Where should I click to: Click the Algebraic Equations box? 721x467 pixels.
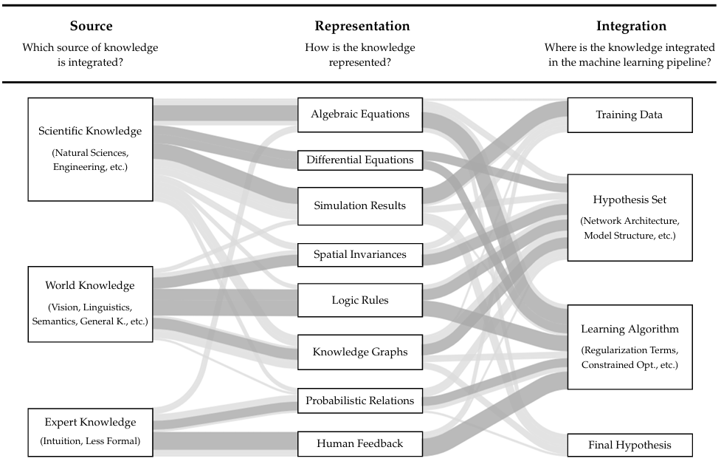click(359, 115)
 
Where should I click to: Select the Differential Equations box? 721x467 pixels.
click(359, 160)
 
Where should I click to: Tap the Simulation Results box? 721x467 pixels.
click(359, 205)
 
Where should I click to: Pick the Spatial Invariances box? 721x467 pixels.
click(359, 254)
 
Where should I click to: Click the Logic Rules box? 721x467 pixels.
click(359, 300)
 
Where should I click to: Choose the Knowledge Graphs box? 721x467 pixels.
click(359, 352)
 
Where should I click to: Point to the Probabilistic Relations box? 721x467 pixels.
click(359, 400)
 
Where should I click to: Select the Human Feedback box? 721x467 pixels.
click(359, 443)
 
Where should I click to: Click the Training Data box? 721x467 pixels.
click(629, 115)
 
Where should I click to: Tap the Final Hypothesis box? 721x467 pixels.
click(629, 445)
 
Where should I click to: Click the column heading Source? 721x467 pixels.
click(91, 27)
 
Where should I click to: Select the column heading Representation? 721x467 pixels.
click(362, 27)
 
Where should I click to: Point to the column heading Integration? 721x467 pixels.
click(631, 27)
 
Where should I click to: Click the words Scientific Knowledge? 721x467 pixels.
click(90, 132)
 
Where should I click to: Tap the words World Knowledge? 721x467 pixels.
click(90, 285)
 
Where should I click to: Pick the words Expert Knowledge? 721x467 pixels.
click(90, 423)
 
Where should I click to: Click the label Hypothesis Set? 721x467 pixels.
click(629, 200)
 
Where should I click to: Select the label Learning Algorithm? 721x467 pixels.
click(629, 329)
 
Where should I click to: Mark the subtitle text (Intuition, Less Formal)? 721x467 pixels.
click(90, 442)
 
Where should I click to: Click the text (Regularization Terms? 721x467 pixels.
click(629, 350)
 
